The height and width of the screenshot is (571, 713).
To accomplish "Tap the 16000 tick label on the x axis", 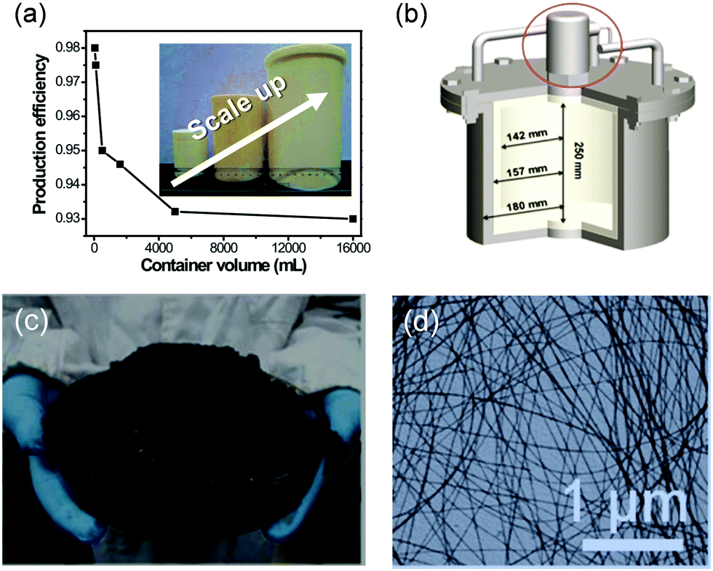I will click(x=353, y=247).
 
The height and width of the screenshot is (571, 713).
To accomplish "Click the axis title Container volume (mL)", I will click(x=223, y=265).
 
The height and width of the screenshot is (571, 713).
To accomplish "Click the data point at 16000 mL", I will click(x=353, y=218).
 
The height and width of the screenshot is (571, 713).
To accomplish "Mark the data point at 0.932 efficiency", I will click(x=175, y=212).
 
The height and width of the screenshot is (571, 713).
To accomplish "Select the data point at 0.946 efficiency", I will click(x=120, y=164).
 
